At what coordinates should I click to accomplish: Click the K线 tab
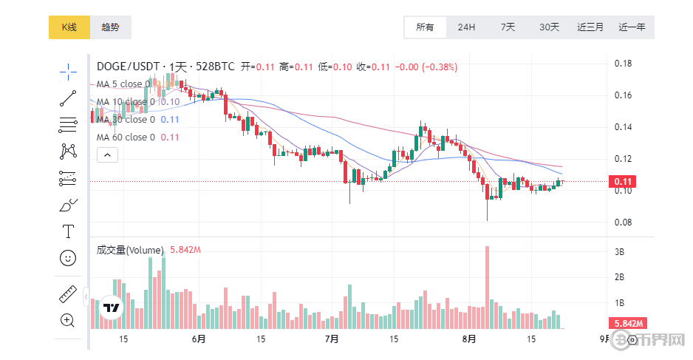69,27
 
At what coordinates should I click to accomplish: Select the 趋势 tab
110,27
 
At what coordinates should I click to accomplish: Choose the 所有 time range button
425,27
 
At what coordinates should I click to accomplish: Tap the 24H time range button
466,27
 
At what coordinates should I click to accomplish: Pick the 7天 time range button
508,27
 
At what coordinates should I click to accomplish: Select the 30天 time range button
549,27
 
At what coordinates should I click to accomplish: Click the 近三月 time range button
590,27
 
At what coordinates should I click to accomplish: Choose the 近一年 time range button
632,27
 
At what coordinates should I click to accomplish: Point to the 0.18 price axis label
624,64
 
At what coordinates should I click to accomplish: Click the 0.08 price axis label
624,223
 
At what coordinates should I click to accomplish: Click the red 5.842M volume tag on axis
627,323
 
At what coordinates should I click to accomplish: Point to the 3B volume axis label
621,252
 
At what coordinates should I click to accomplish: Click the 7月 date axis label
331,339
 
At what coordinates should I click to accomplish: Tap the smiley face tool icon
68,258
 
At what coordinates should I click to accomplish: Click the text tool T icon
68,231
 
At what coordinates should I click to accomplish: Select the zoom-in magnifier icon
68,320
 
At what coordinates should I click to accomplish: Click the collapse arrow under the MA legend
107,155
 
